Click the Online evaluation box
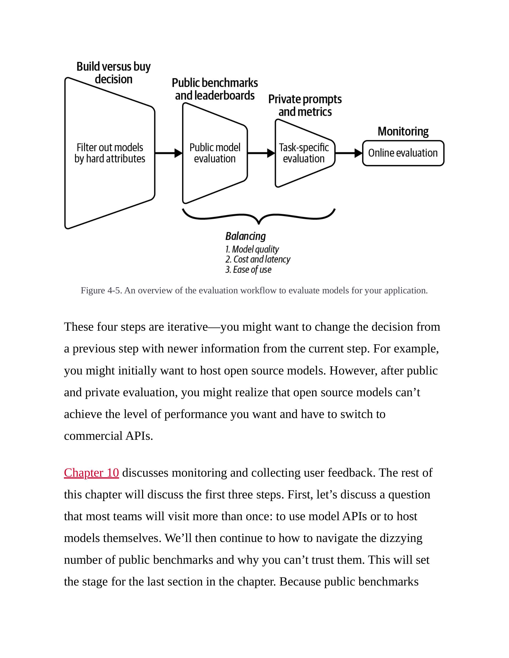click(x=403, y=153)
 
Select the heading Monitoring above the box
click(x=403, y=131)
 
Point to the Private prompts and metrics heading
click(x=305, y=106)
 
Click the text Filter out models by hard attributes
click(x=110, y=153)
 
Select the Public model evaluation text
click(x=215, y=153)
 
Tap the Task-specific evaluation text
click(x=304, y=153)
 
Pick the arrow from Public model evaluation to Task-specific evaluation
click(x=261, y=153)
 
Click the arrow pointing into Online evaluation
click(x=349, y=153)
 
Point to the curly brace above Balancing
click(x=259, y=217)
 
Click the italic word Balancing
click(x=246, y=236)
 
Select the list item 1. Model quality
click(x=252, y=250)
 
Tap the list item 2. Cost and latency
click(x=258, y=259)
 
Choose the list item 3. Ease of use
click(x=248, y=270)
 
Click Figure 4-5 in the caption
click(x=101, y=290)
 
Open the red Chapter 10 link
click(x=91, y=473)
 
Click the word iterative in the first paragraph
click(x=187, y=327)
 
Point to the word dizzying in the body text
click(x=401, y=538)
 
